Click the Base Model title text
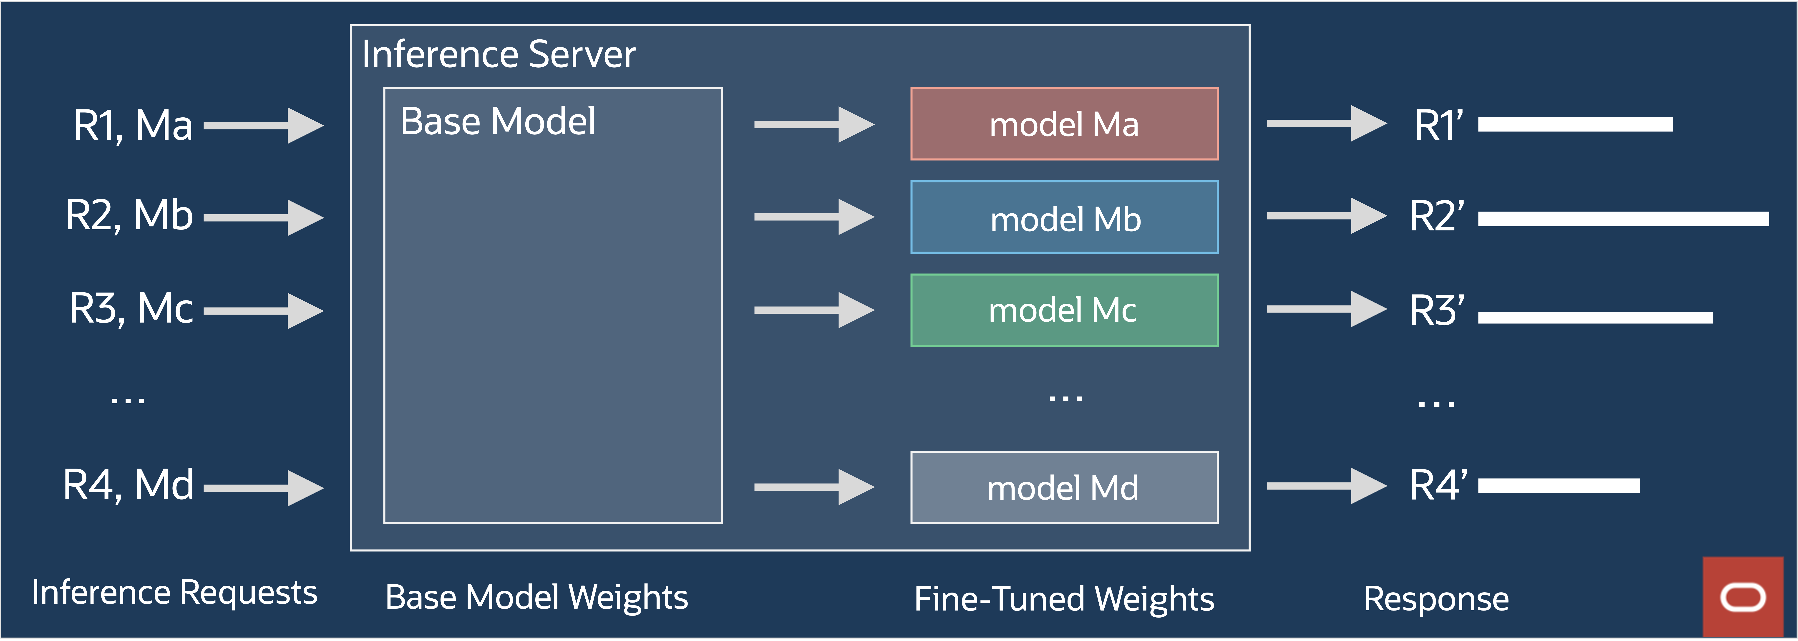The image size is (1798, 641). tap(498, 121)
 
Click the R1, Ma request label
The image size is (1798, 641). tap(133, 126)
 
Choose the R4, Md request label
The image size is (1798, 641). tap(128, 485)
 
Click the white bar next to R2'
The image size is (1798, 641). tap(1623, 219)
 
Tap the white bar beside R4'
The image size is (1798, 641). tap(1559, 486)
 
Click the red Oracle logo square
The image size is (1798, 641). tap(1743, 597)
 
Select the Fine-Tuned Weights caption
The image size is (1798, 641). tap(1064, 599)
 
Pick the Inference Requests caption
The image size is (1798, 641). tap(174, 593)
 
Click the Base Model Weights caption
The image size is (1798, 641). tap(536, 598)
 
